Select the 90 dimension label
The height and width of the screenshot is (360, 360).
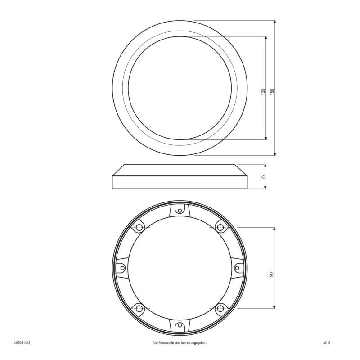tap(272, 274)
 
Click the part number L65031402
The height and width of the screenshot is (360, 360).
tap(22, 343)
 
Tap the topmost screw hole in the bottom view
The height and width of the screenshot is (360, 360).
tap(180, 211)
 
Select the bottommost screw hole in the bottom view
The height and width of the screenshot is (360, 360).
tap(180, 325)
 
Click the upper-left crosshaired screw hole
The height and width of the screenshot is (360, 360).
tap(139, 228)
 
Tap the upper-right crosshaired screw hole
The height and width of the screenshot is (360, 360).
tap(220, 228)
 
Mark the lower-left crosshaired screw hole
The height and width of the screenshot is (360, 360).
tap(139, 309)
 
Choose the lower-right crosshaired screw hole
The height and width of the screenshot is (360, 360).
tap(220, 309)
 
